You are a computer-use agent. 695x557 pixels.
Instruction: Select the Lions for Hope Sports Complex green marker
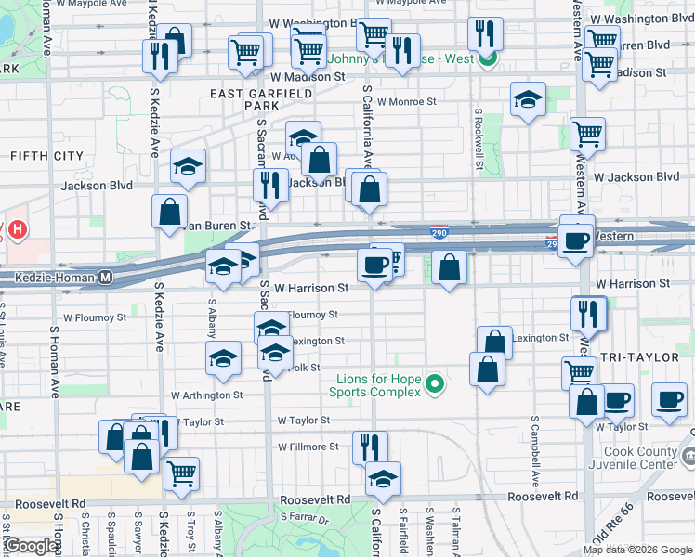coord(433,382)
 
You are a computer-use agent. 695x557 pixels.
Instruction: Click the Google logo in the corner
coord(32,546)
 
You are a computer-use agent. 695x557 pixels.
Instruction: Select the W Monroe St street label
coord(407,102)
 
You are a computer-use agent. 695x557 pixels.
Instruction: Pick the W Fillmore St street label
coord(308,447)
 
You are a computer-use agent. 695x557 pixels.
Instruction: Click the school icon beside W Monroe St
coord(528,98)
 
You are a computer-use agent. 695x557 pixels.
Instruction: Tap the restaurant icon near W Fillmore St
coord(370,446)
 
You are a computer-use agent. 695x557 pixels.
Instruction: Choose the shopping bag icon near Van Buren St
coord(170,210)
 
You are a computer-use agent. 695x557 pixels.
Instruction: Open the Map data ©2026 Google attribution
coord(636,550)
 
